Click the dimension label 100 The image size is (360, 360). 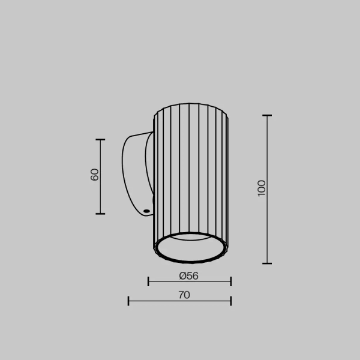tap(261, 188)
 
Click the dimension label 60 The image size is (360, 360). tap(94, 175)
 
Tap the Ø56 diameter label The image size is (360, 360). tap(188, 276)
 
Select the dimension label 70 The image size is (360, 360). tap(184, 295)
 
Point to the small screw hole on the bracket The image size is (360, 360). tap(146, 211)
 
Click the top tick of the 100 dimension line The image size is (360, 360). tap(267, 115)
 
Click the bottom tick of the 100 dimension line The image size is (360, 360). tap(267, 263)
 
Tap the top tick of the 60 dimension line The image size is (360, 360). tap(100, 140)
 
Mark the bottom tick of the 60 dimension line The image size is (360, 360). tap(100, 213)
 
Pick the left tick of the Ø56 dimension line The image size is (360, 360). tap(148, 281)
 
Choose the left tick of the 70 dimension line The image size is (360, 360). tap(128, 300)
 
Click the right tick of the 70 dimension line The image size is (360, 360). tap(230, 300)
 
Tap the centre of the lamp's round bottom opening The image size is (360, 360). tap(190, 247)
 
